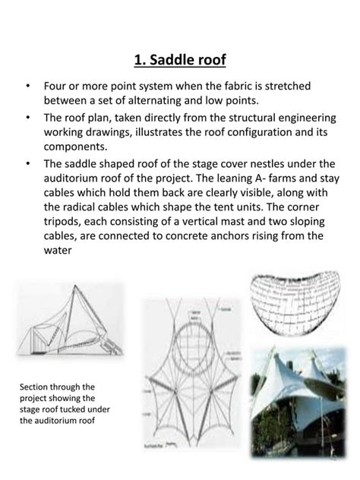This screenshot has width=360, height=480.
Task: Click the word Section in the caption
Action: tap(36, 386)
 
